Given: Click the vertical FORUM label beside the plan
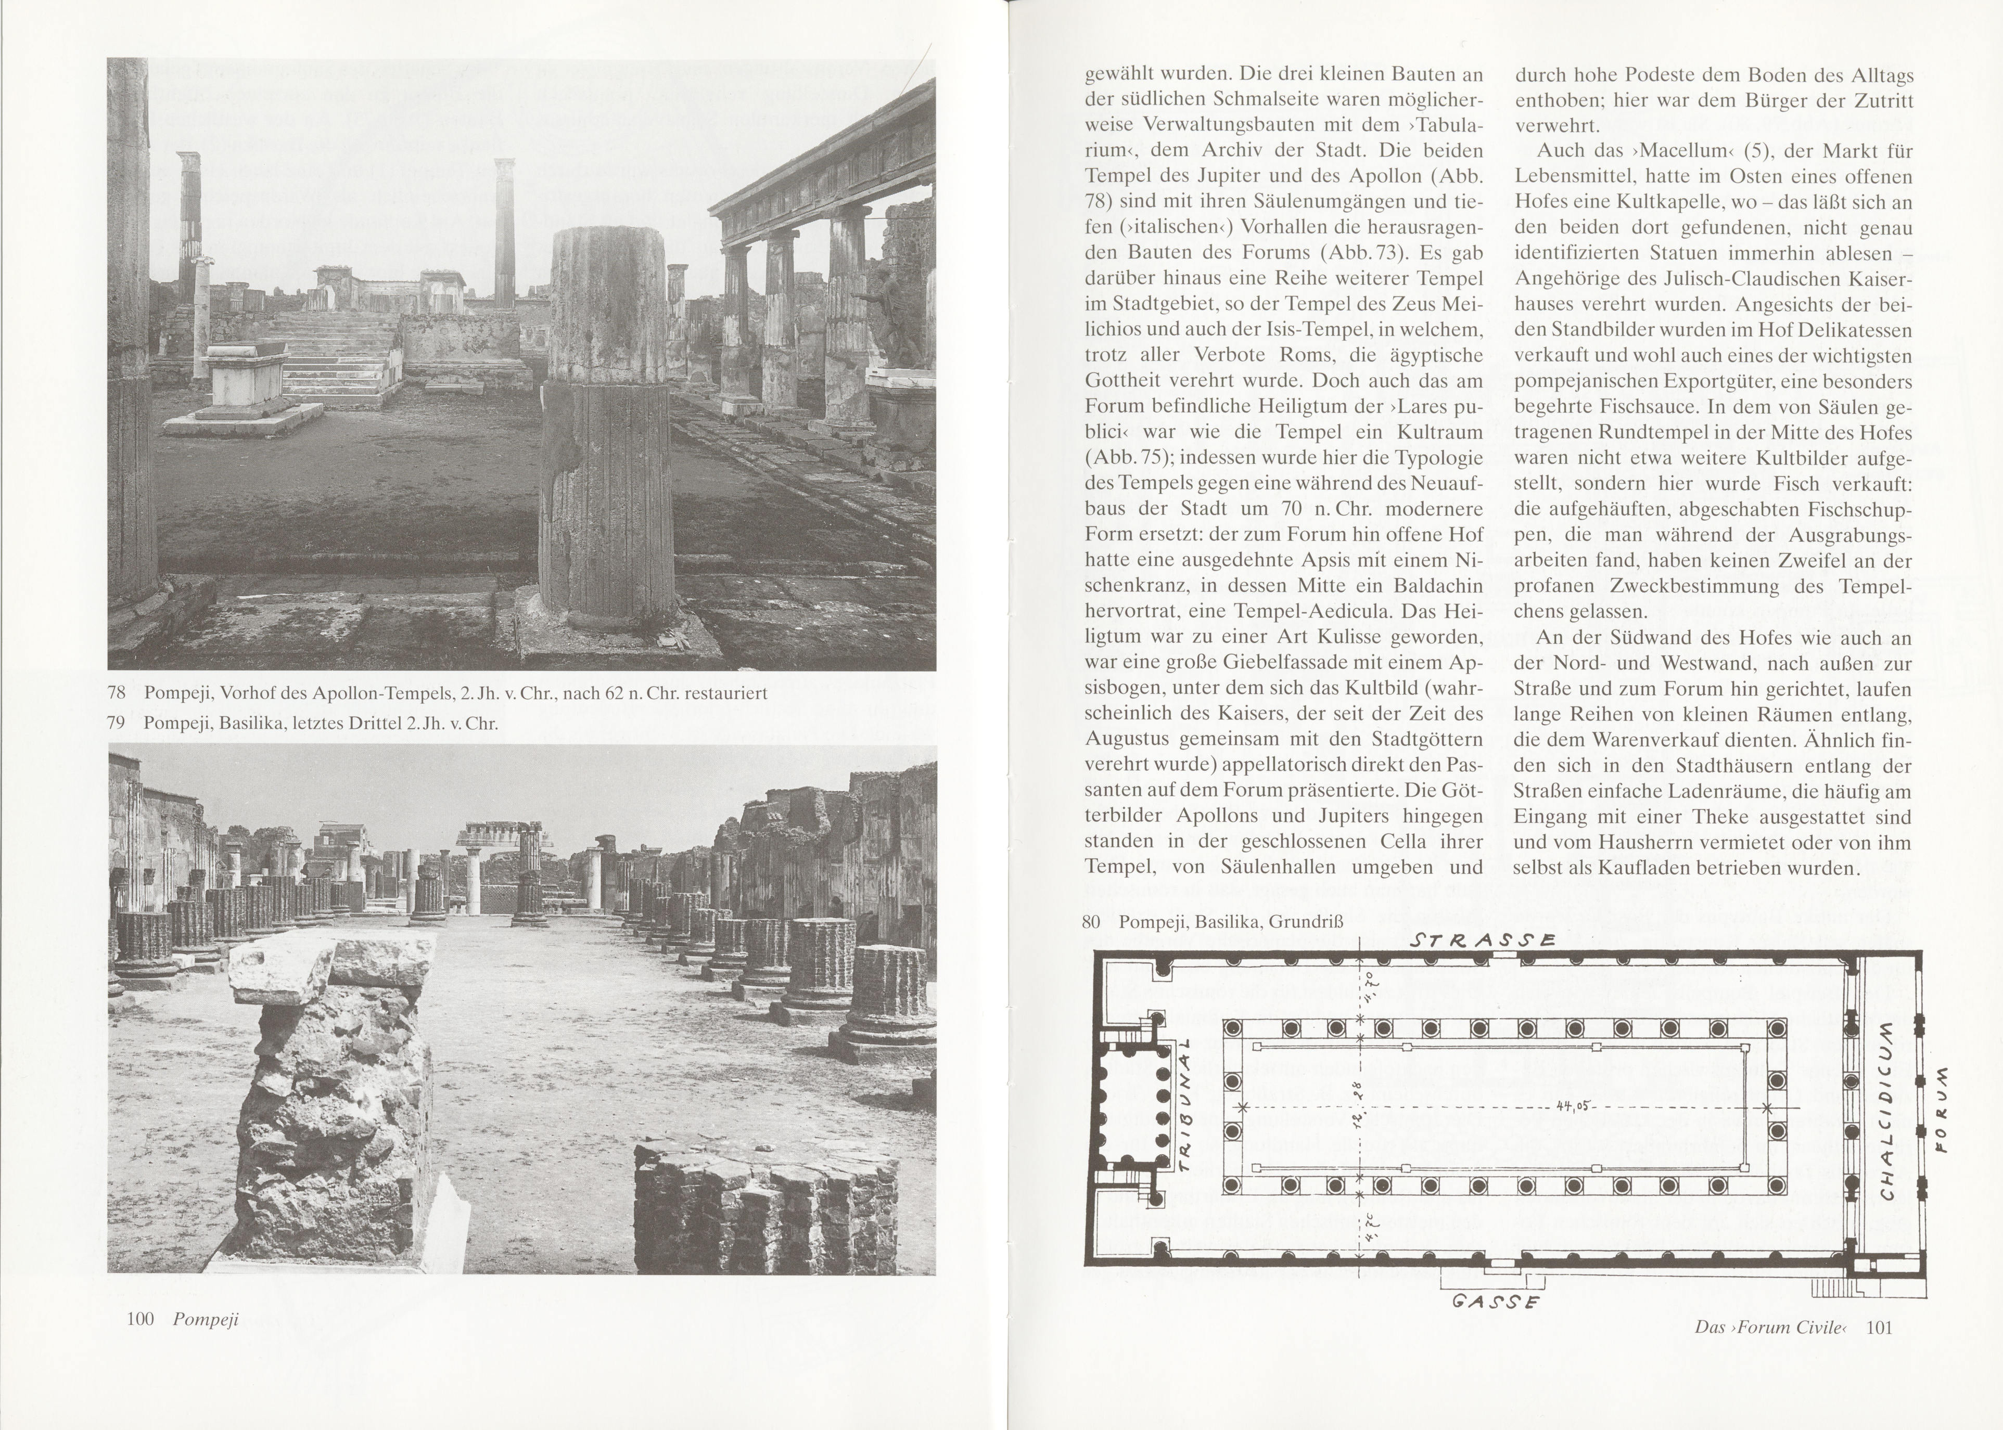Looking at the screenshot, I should (1943, 1110).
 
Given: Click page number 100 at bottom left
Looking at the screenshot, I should (140, 1318).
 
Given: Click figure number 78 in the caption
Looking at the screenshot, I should (116, 693).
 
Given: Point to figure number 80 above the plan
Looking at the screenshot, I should (1091, 922).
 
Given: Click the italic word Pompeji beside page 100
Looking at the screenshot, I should (205, 1319).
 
